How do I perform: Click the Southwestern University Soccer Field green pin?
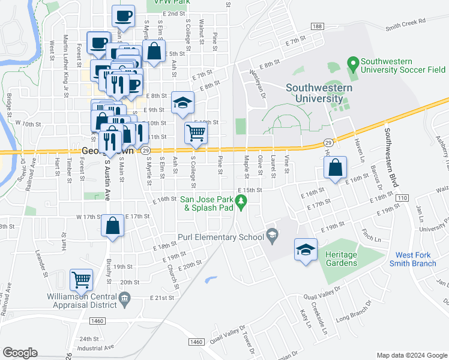pyautogui.click(x=353, y=62)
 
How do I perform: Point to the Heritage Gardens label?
pyautogui.click(x=341, y=259)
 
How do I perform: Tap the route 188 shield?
pyautogui.click(x=318, y=26)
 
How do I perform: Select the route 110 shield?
pyautogui.click(x=402, y=198)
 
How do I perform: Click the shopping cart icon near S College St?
pyautogui.click(x=195, y=133)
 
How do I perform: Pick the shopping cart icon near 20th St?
pyautogui.click(x=81, y=280)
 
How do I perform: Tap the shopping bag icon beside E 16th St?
pyautogui.click(x=337, y=167)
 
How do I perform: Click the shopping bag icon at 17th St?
pyautogui.click(x=112, y=226)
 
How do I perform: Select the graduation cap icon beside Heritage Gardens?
pyautogui.click(x=306, y=249)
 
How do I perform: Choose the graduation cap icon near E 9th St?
pyautogui.click(x=183, y=102)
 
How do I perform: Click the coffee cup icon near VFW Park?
pyautogui.click(x=124, y=16)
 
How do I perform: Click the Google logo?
pyautogui.click(x=20, y=352)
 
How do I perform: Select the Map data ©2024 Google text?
pyautogui.click(x=411, y=355)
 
